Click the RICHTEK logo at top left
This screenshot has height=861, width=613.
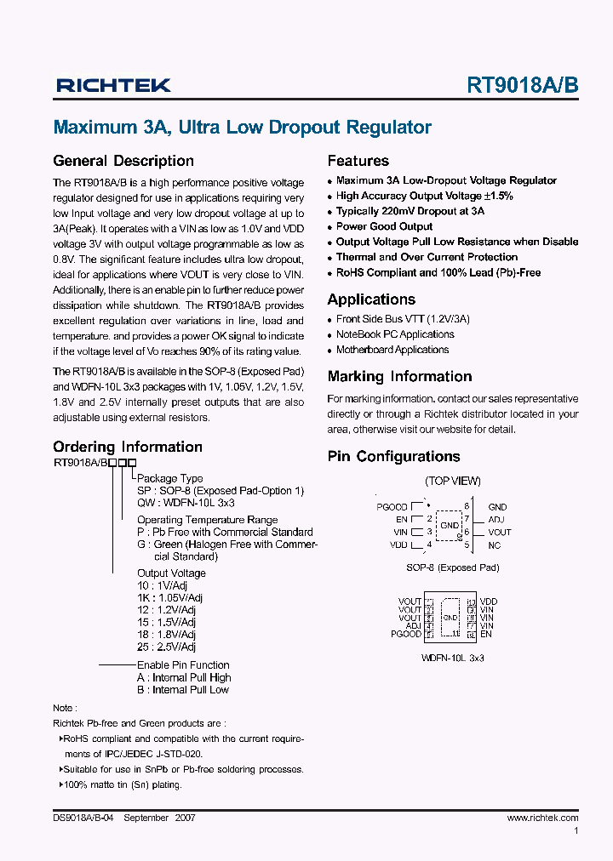click(x=113, y=85)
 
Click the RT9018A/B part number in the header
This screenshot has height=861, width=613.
click(x=522, y=85)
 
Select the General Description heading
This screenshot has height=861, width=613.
click(x=123, y=161)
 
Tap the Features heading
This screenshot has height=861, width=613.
click(x=358, y=161)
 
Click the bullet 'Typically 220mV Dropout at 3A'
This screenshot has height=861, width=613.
click(x=410, y=211)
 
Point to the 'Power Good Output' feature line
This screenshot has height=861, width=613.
click(x=384, y=226)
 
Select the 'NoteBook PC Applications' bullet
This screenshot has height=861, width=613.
click(x=394, y=334)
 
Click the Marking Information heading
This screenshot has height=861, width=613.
click(x=399, y=376)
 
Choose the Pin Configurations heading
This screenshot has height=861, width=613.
click(x=393, y=456)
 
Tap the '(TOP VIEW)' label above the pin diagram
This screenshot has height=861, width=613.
click(x=453, y=481)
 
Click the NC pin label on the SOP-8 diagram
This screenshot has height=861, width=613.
click(x=495, y=545)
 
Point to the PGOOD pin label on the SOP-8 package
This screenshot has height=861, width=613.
click(x=392, y=507)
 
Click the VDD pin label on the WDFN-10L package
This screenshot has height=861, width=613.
click(x=489, y=602)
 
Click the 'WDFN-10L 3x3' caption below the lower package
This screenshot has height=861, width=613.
click(x=453, y=658)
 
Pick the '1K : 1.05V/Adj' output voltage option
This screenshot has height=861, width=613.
click(x=169, y=598)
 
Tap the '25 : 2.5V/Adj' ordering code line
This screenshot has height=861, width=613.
click(x=167, y=647)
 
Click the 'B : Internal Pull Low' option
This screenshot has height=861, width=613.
click(x=184, y=690)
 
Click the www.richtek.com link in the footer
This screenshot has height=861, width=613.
click(x=542, y=818)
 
